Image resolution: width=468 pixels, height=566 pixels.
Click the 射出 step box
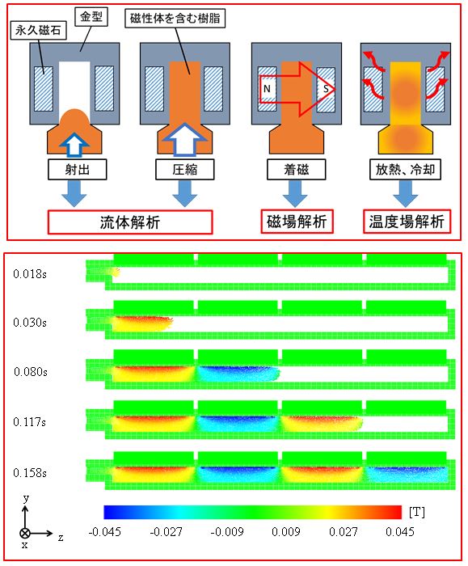(70, 172)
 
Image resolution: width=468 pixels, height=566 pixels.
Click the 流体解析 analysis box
(129, 222)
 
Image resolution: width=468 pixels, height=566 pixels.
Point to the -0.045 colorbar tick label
(105, 531)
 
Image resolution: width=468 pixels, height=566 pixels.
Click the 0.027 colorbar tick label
(341, 531)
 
